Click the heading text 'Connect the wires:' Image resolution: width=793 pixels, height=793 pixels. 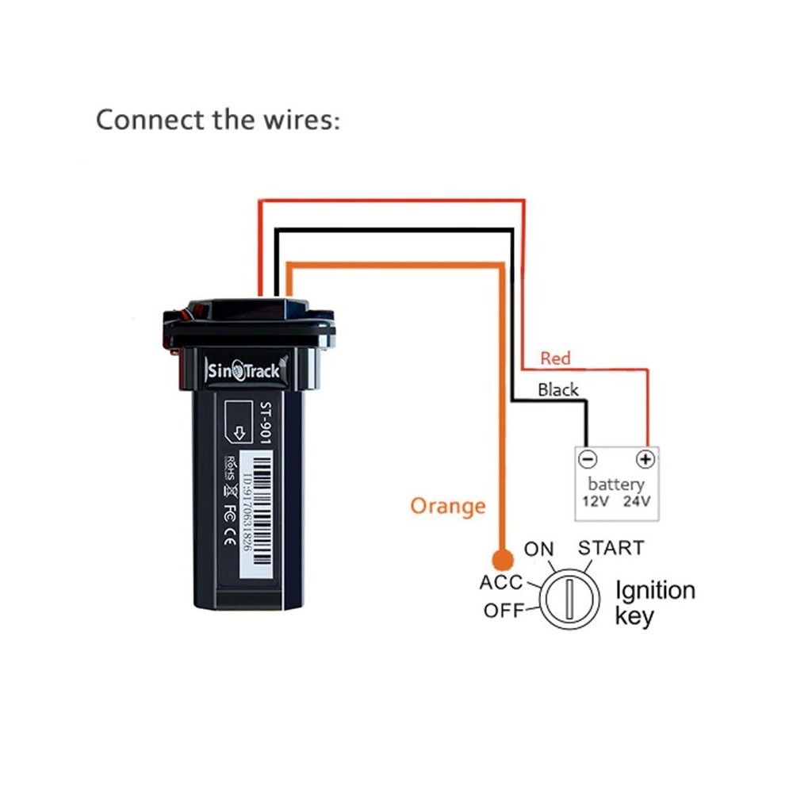pyautogui.click(x=218, y=121)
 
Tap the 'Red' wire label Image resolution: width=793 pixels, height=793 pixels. pyautogui.click(x=555, y=358)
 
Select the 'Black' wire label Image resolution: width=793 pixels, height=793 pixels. pyautogui.click(x=557, y=389)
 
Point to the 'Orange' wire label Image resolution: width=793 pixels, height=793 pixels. pyautogui.click(x=447, y=506)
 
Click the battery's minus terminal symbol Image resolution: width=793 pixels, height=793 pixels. pyautogui.click(x=588, y=459)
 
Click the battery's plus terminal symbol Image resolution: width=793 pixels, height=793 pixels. pyautogui.click(x=646, y=459)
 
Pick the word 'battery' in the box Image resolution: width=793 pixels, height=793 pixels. pyautogui.click(x=616, y=484)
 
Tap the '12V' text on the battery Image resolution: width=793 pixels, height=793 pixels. pyautogui.click(x=596, y=501)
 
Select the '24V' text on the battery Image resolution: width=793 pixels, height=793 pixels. pyautogui.click(x=637, y=501)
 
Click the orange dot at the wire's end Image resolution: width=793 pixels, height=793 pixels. pyautogui.click(x=503, y=560)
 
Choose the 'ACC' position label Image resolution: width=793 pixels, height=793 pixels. pyautogui.click(x=500, y=582)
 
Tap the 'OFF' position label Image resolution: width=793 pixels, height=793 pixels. pyautogui.click(x=504, y=611)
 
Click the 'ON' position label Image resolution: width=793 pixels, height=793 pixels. pyautogui.click(x=539, y=549)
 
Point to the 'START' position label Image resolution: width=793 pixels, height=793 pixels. pyautogui.click(x=611, y=548)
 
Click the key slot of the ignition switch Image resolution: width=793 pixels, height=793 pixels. pyautogui.click(x=569, y=599)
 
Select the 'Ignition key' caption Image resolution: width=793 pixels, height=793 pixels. pyautogui.click(x=655, y=603)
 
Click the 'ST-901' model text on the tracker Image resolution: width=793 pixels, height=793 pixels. pyautogui.click(x=265, y=423)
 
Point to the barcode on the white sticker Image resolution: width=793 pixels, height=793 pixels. pyautogui.click(x=262, y=510)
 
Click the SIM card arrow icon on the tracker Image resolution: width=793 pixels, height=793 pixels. pyautogui.click(x=239, y=432)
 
